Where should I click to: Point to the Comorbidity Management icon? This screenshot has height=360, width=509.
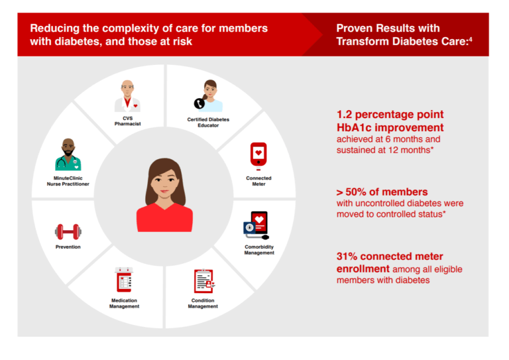(257, 225)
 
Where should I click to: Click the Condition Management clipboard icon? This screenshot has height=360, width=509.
(203, 281)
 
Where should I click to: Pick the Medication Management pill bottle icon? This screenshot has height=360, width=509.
(124, 280)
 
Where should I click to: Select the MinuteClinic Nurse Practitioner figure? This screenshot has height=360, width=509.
(68, 156)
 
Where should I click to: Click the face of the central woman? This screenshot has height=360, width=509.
(164, 180)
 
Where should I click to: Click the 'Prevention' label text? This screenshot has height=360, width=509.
(68, 247)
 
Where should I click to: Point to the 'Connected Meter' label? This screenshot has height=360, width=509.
(258, 182)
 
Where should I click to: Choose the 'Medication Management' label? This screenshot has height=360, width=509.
(124, 304)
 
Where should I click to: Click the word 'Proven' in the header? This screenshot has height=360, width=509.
(357, 29)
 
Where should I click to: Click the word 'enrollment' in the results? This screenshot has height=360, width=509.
(362, 269)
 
